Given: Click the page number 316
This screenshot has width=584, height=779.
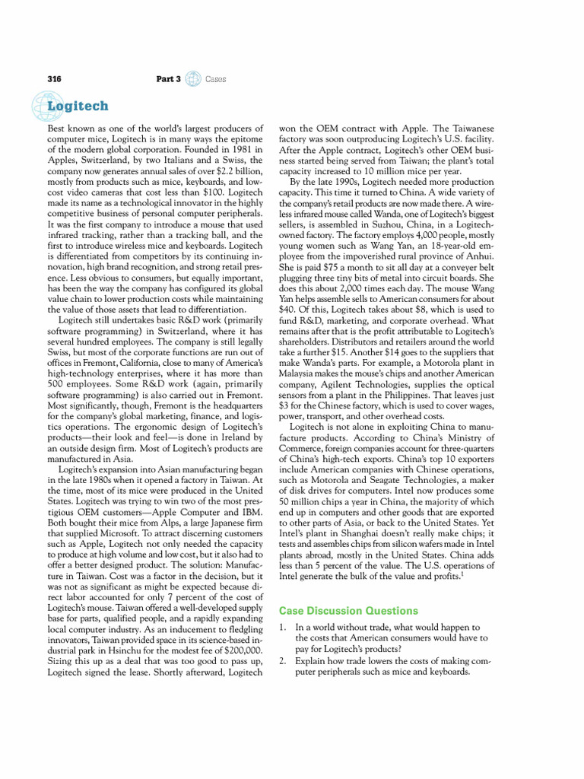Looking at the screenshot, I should coord(54,79).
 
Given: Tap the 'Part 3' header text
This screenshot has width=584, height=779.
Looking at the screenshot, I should coord(168,79).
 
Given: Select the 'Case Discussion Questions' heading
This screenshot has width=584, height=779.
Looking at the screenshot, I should coord(348,610).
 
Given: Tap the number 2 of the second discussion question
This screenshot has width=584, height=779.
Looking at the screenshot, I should coord(282,661).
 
